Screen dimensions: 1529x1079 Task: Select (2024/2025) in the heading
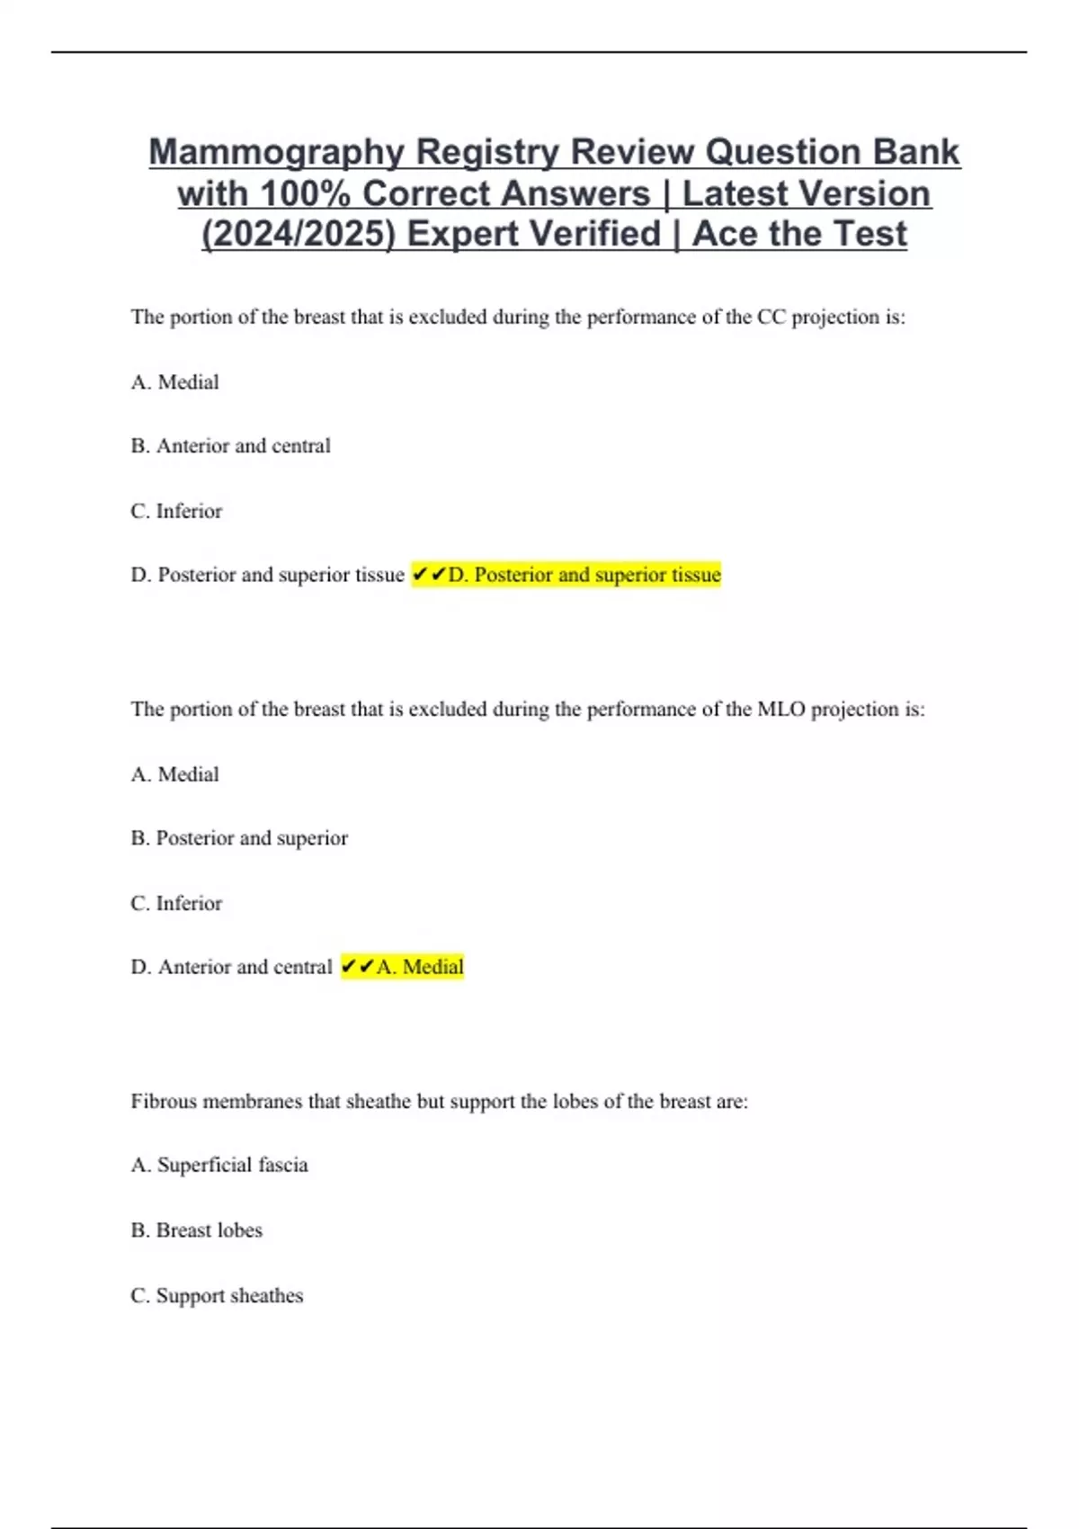(x=298, y=234)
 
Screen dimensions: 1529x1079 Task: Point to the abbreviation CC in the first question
(x=771, y=317)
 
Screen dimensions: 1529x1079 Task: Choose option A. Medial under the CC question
(x=175, y=382)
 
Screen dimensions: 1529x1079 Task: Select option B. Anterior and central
(x=231, y=446)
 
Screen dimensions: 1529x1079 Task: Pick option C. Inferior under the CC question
(x=176, y=511)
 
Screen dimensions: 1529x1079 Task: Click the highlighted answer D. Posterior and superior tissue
(x=584, y=575)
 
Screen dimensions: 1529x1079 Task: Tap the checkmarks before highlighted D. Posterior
(x=429, y=575)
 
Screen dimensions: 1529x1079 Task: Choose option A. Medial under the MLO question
(x=175, y=774)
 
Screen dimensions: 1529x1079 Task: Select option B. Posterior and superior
(x=239, y=838)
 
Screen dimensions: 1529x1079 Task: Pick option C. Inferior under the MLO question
(x=176, y=903)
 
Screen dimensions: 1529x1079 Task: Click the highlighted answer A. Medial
(x=420, y=967)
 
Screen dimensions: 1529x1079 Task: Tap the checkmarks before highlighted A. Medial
(x=358, y=967)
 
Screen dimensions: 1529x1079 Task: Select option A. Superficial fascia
(x=219, y=1165)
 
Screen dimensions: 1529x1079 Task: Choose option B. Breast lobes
(x=197, y=1230)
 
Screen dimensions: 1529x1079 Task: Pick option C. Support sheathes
(x=218, y=1296)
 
